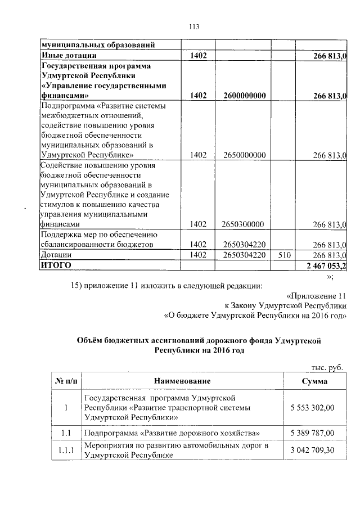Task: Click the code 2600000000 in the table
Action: [244, 96]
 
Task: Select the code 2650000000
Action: [244, 155]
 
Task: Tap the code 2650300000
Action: [244, 224]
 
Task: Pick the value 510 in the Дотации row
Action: [283, 255]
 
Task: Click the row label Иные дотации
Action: [68, 55]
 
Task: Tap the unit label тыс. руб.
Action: [326, 367]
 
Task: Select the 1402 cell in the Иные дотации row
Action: [199, 55]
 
